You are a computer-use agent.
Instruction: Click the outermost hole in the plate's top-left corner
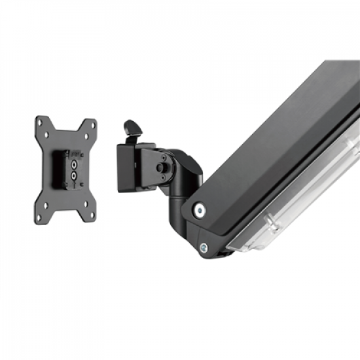point(40,122)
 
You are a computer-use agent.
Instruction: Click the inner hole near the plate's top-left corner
point(48,135)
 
